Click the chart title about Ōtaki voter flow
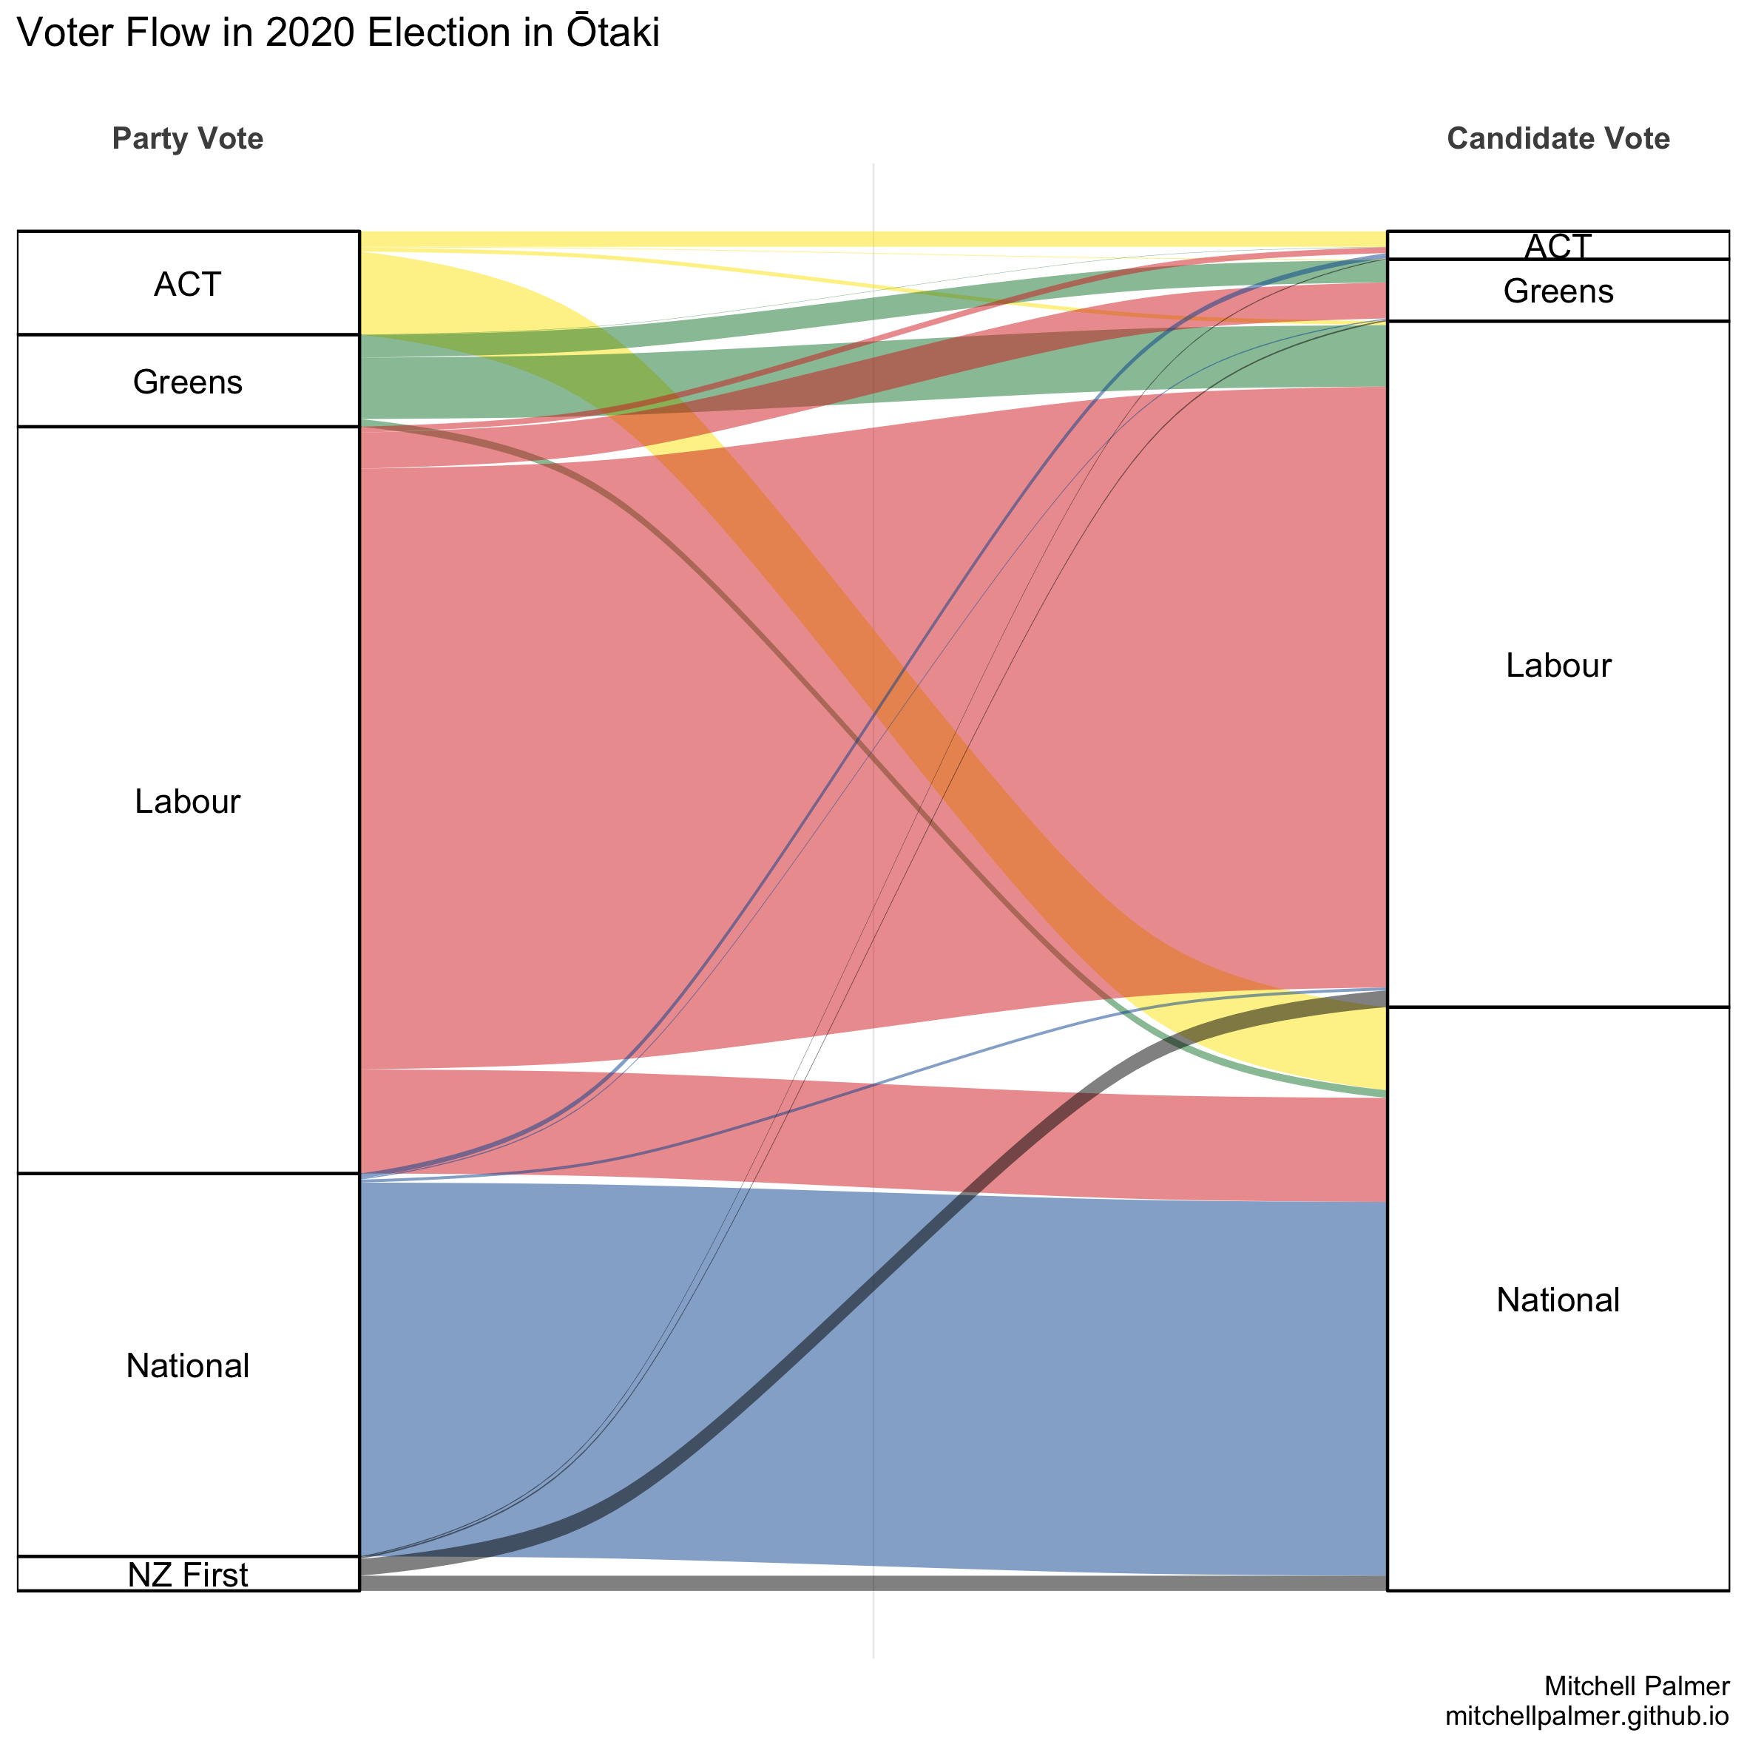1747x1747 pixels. [x=338, y=33]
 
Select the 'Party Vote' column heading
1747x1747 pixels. [x=187, y=138]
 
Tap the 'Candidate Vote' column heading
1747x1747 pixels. [x=1558, y=138]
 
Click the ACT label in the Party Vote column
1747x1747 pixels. [x=187, y=285]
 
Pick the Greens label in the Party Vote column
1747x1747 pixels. [x=187, y=382]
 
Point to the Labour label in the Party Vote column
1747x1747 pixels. [x=187, y=801]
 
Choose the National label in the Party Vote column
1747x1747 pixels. [x=187, y=1365]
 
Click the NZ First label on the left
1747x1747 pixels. [x=187, y=1575]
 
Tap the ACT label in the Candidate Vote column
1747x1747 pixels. [x=1558, y=246]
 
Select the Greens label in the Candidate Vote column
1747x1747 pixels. [x=1558, y=291]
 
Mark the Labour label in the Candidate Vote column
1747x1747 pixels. [x=1558, y=666]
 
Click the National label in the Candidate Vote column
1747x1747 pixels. [x=1558, y=1300]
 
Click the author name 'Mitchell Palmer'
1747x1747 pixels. [x=1637, y=1686]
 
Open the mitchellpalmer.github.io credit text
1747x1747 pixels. [x=1587, y=1715]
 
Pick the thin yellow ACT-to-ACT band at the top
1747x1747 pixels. [x=873, y=239]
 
